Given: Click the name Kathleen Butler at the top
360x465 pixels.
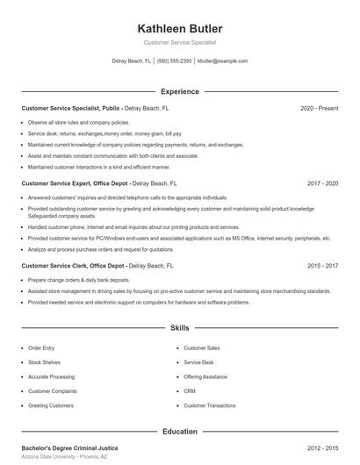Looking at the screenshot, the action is (180, 29).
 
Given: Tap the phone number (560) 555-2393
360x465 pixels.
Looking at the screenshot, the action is (174, 61).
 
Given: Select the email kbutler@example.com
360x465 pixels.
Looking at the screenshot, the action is (222, 61).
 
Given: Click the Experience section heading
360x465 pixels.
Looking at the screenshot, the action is (180, 91).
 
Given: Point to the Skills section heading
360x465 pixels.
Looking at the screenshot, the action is (180, 328).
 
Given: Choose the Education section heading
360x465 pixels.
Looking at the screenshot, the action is (180, 432).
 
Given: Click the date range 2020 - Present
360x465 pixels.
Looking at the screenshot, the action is (319, 108).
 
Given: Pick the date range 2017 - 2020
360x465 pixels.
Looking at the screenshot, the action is (322, 184).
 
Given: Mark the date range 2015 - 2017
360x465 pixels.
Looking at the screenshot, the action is (322, 265).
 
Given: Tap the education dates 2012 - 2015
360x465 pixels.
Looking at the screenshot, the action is (322, 448).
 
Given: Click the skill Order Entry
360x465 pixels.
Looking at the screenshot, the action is (41, 348).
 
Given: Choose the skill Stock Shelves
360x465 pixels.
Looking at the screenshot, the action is (44, 362).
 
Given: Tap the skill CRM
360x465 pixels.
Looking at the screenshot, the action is (190, 391).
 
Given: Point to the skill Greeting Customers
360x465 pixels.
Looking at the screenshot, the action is (50, 406).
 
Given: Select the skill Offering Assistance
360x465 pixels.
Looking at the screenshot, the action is (205, 377).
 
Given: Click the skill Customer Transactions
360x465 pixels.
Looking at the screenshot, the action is (209, 406).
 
